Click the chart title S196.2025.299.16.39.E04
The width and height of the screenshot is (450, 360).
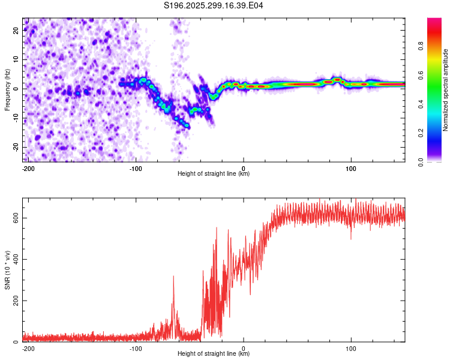(x=214, y=6)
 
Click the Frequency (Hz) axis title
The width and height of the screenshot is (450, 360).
(x=7, y=90)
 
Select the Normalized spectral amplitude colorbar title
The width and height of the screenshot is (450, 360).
(x=446, y=90)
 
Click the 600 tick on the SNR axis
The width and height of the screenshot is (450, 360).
(x=15, y=218)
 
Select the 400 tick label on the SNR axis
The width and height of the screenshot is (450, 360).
(x=15, y=259)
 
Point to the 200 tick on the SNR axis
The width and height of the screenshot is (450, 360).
(x=15, y=301)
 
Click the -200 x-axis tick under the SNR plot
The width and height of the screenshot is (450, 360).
(x=27, y=348)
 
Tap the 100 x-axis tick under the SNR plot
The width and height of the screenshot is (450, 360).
(x=351, y=348)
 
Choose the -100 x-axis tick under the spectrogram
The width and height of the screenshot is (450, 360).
(x=136, y=168)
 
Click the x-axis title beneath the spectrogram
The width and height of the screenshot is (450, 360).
(x=214, y=174)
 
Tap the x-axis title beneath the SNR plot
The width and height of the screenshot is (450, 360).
(x=214, y=354)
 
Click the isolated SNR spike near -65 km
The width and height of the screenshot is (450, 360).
(x=173, y=277)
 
